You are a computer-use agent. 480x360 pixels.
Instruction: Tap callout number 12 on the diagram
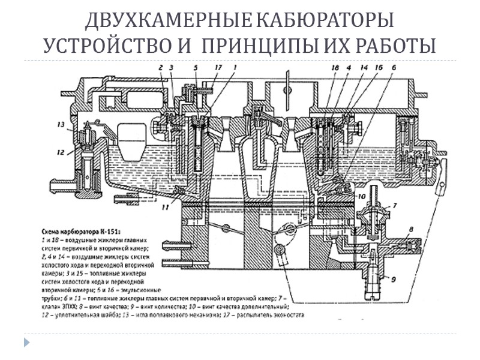point(61,153)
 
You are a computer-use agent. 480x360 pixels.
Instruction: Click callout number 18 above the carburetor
point(335,68)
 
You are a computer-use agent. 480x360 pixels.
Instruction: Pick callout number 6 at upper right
point(394,68)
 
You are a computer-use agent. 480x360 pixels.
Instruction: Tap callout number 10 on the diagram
point(362,196)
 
